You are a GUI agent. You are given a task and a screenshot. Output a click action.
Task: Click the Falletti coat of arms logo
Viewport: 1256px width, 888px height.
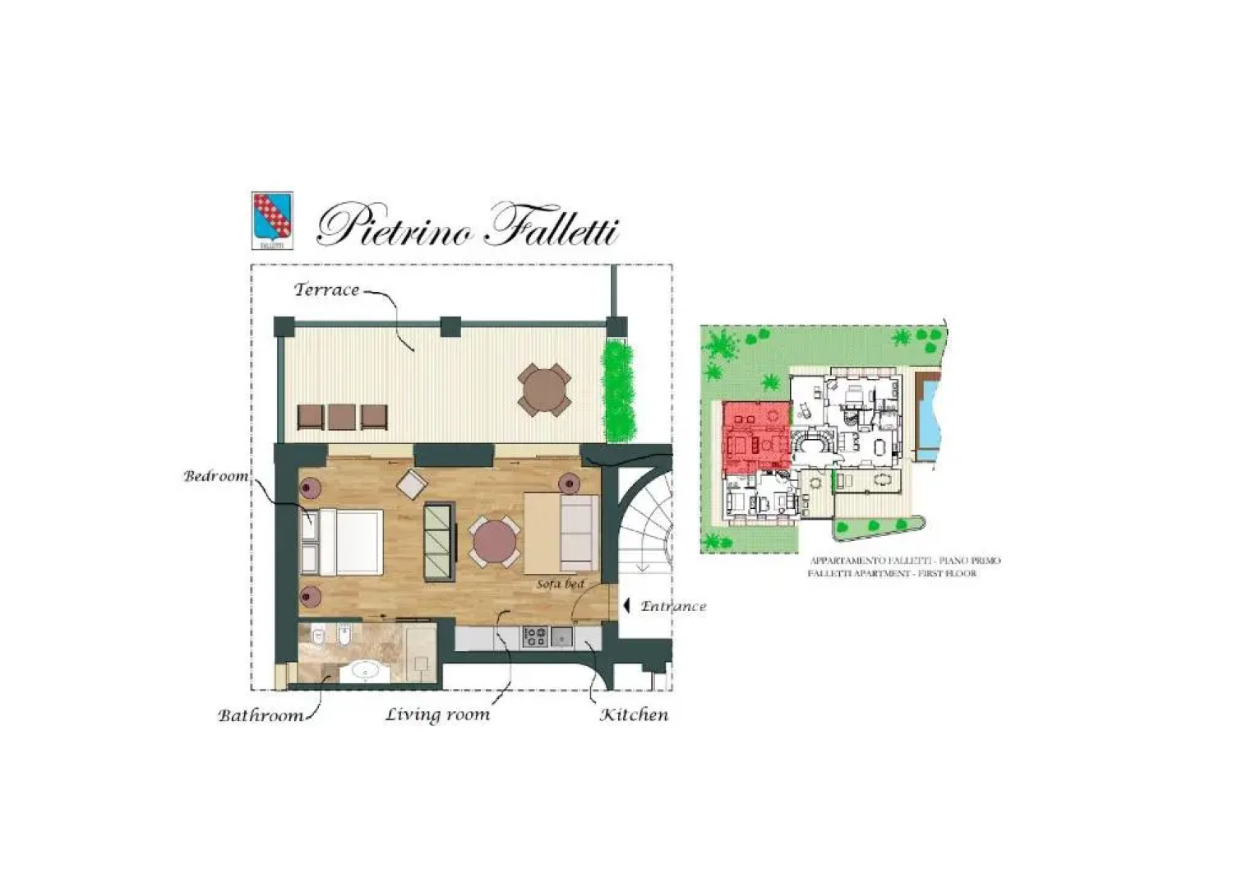271,220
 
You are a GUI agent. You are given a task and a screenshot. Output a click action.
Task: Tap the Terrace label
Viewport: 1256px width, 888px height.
326,290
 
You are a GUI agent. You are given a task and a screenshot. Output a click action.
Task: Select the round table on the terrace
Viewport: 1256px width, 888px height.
544,389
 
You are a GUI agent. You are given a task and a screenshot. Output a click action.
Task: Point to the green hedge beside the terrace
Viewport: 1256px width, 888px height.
620,391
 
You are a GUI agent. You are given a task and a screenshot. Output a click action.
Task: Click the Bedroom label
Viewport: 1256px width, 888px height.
215,477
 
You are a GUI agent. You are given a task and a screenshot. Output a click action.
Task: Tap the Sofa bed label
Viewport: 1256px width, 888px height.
560,584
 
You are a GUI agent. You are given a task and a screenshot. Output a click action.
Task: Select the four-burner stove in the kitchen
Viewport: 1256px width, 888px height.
535,636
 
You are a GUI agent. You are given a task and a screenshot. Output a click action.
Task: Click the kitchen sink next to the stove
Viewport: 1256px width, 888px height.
562,636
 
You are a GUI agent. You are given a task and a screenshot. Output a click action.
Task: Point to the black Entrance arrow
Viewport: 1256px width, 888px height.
626,606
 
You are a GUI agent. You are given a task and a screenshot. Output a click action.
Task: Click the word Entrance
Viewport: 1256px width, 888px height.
673,607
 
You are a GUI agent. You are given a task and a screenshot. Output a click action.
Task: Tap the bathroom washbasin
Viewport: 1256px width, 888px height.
362,671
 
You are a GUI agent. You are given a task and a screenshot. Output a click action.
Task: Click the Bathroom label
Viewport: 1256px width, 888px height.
261,715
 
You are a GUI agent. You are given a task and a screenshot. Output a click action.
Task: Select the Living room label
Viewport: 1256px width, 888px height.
437,715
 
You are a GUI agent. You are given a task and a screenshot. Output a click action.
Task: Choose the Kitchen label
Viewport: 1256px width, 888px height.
634,715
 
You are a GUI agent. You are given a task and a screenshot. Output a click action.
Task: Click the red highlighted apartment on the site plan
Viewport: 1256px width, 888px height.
752,436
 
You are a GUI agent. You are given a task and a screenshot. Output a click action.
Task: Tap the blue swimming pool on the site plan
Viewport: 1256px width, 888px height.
928,415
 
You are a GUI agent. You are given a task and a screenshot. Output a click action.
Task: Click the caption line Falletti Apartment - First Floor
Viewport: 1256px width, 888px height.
892,573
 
